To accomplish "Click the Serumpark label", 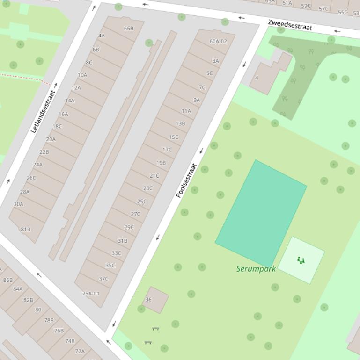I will pyautogui.click(x=256, y=269).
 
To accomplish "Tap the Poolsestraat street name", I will pyautogui.click(x=186, y=180).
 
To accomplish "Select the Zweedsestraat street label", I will pyautogui.click(x=290, y=25).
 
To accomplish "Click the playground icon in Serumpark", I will pyautogui.click(x=301, y=260).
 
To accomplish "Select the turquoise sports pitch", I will pyautogui.click(x=261, y=213).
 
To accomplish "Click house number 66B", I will pyautogui.click(x=129, y=29).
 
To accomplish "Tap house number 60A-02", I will pyautogui.click(x=218, y=42).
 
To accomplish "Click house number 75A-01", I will pyautogui.click(x=91, y=294).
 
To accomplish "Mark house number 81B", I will pyautogui.click(x=26, y=230).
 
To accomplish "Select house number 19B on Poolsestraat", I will pyautogui.click(x=161, y=163).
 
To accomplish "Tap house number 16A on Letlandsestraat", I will pyautogui.click(x=63, y=114).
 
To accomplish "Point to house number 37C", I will pyautogui.click(x=103, y=279).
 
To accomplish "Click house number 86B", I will pyautogui.click(x=8, y=280).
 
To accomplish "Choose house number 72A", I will pyautogui.click(x=80, y=351).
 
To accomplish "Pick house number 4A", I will pyautogui.click(x=102, y=36).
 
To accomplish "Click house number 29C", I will pyautogui.click(x=129, y=227).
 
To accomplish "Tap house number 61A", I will pyautogui.click(x=287, y=3).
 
